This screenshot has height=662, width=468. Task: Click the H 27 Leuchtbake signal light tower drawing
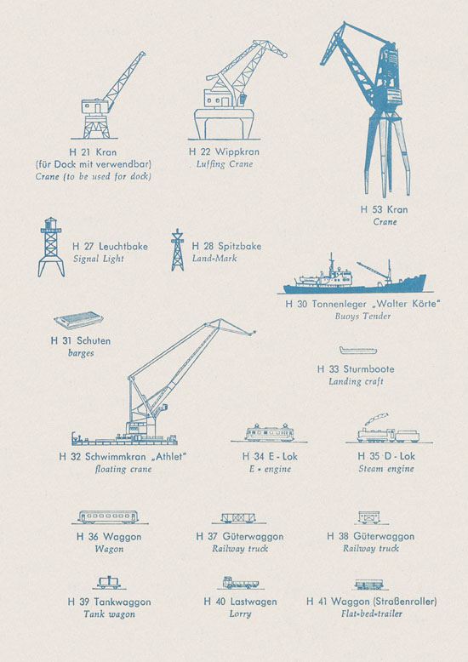[51, 247]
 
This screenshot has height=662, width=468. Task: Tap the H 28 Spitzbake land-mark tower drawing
[177, 250]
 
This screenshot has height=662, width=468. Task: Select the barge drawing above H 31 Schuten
[79, 320]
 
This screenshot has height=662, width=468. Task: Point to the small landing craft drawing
[358, 351]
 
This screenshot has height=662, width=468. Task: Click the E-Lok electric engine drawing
[270, 433]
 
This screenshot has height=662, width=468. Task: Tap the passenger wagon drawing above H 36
[108, 517]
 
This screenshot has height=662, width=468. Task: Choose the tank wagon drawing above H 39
[109, 582]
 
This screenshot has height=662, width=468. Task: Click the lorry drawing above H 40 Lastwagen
[240, 583]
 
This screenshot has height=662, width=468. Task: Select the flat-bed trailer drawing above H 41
[369, 585]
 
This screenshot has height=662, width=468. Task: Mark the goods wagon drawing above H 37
[238, 518]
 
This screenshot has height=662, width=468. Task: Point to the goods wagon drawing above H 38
[369, 517]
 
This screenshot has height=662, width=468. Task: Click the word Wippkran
[237, 151]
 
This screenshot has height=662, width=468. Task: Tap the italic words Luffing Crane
[225, 164]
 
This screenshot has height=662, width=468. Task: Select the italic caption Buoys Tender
[362, 316]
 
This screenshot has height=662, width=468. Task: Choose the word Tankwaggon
[122, 602]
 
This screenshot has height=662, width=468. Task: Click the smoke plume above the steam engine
[377, 419]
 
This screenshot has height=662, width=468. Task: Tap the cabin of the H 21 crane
[94, 106]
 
